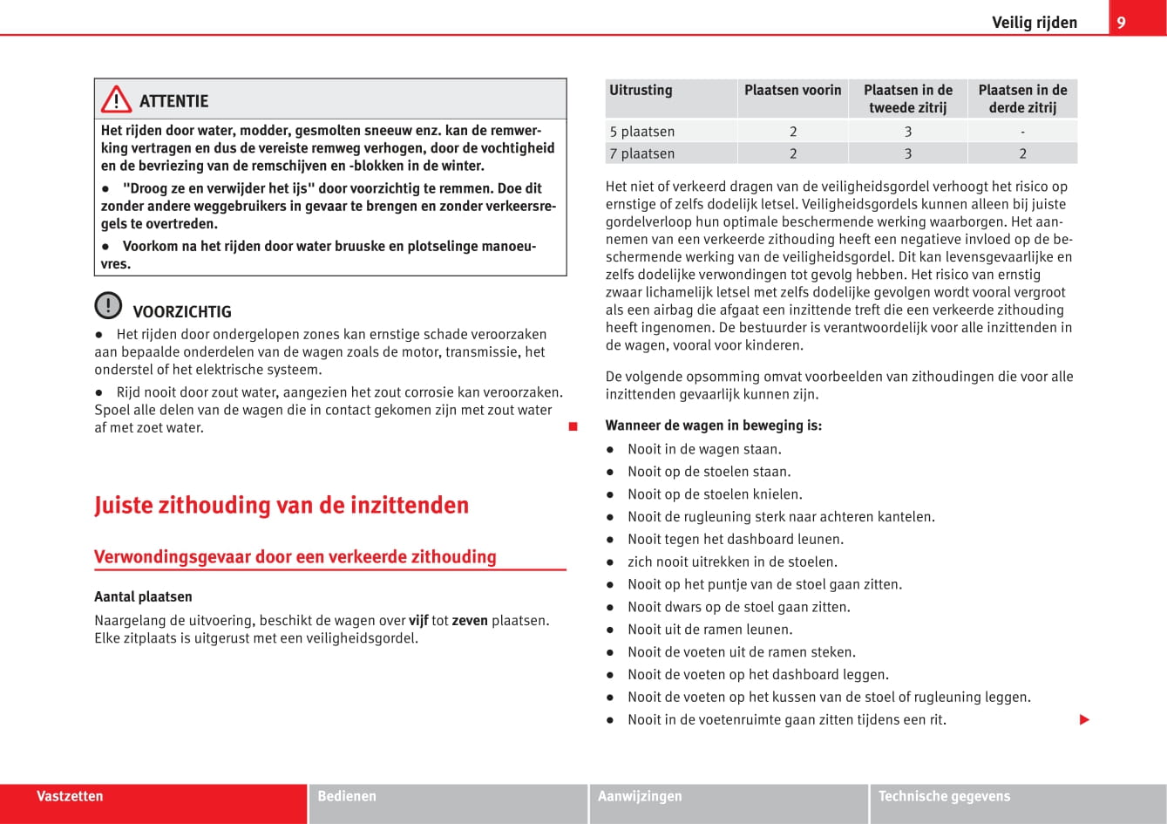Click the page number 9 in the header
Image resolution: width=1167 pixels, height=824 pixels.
[x=1121, y=23]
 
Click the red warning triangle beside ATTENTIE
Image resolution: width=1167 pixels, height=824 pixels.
[x=116, y=100]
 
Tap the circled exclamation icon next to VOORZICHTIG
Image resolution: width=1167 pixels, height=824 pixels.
[x=108, y=306]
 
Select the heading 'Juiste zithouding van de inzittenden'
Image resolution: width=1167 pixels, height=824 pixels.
[x=282, y=506]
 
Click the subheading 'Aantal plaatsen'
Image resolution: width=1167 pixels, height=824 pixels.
[x=143, y=597]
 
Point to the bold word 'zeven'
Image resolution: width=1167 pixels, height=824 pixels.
[x=470, y=621]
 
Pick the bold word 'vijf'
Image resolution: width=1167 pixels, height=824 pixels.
[x=418, y=621]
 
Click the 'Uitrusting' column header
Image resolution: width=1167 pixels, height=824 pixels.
[x=641, y=90]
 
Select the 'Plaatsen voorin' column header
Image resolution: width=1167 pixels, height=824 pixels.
[x=792, y=90]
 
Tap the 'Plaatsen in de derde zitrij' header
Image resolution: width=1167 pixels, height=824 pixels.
[x=1022, y=99]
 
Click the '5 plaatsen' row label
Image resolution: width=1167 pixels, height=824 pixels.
[x=642, y=132]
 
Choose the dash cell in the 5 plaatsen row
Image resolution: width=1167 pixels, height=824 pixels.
[x=1022, y=132]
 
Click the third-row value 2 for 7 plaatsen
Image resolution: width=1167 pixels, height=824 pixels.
[x=1022, y=153]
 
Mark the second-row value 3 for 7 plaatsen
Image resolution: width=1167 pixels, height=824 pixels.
[x=907, y=153]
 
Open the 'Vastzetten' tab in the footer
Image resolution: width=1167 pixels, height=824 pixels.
[x=70, y=796]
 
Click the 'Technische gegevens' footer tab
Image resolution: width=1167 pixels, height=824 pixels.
[x=944, y=796]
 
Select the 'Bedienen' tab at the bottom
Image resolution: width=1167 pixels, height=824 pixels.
[x=347, y=796]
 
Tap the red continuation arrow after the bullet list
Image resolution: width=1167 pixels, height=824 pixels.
[x=1084, y=720]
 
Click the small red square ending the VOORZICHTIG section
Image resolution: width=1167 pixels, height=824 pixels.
[x=573, y=427]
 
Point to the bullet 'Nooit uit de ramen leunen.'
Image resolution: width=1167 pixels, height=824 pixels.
[x=709, y=630]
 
